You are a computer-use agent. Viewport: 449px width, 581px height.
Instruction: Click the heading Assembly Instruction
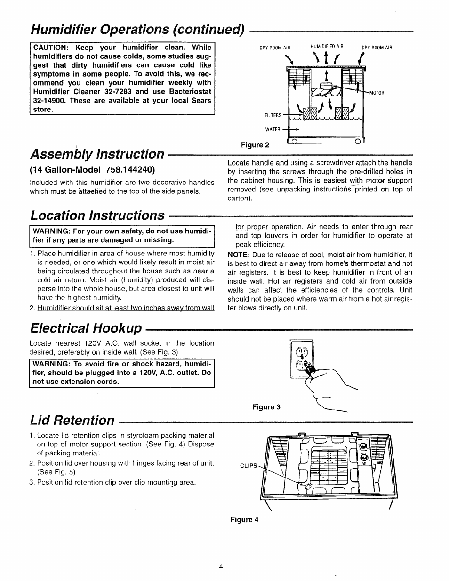pos(97,154)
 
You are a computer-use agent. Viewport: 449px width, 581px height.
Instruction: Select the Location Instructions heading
pos(97,215)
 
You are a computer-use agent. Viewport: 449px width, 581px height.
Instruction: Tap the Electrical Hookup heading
pos(85,327)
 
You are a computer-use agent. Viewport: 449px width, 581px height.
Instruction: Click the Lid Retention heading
pos(72,420)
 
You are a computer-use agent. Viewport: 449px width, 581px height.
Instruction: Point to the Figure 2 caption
pos(255,145)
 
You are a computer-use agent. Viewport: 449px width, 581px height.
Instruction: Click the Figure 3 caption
pos(266,407)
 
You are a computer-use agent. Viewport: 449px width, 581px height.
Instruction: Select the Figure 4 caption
pos(244,520)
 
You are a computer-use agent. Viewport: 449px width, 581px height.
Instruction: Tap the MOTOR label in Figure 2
pos(377,93)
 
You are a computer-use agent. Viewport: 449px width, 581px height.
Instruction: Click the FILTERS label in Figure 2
pos(273,115)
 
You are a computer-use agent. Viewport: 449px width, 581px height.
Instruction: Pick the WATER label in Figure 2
pos(273,129)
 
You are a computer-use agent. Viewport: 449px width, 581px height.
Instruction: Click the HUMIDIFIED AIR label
pos(327,47)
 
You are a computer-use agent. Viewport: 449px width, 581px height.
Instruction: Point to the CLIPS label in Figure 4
pos(249,466)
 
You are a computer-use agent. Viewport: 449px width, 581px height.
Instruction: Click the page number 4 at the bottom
pos(221,566)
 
